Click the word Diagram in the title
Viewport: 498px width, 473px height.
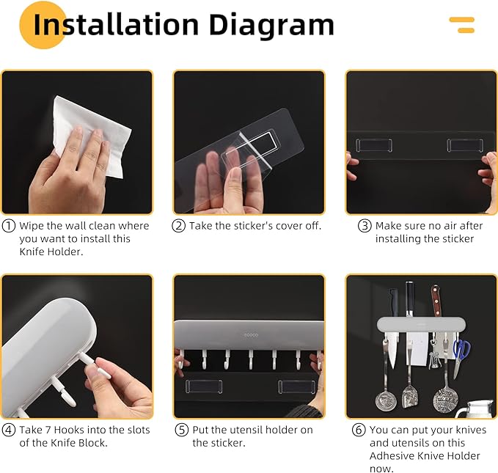[271, 26]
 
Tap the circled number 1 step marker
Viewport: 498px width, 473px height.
[9, 226]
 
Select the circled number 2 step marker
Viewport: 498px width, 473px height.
[178, 226]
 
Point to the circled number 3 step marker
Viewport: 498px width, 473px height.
[365, 226]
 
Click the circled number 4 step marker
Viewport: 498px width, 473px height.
[9, 430]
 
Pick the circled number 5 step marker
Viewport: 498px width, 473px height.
[182, 430]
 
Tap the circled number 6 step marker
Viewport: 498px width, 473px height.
[359, 430]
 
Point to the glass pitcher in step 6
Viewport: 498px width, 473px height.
[475, 409]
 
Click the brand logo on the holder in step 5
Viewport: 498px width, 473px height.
[251, 335]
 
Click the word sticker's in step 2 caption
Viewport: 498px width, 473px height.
[253, 226]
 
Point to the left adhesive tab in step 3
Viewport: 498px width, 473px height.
[374, 145]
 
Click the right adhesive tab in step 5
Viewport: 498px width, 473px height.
[296, 387]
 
